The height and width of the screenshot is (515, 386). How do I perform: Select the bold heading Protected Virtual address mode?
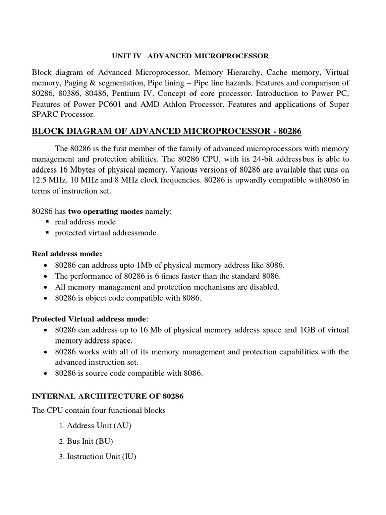coord(89,319)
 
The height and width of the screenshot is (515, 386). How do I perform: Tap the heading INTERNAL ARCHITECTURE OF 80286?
coord(108,396)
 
